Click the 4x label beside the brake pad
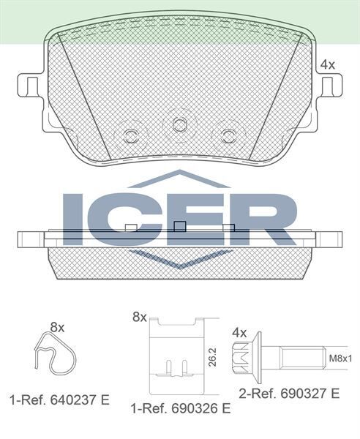point(327,64)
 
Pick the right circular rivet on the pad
point(228,135)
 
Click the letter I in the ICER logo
point(75,219)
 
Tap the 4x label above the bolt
point(239,331)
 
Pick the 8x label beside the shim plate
point(139,317)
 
